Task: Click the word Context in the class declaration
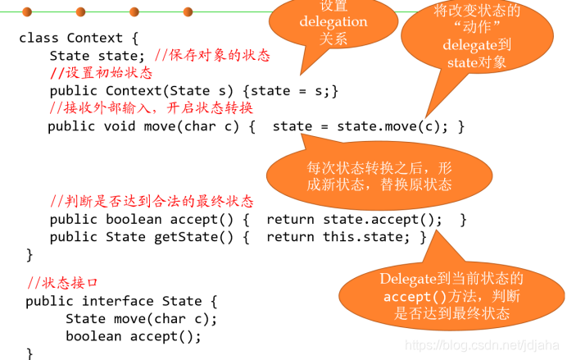coord(94,38)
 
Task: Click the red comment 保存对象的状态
coord(219,56)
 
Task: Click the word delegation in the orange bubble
coord(333,22)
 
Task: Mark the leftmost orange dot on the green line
coord(27,11)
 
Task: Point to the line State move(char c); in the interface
coord(141,318)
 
